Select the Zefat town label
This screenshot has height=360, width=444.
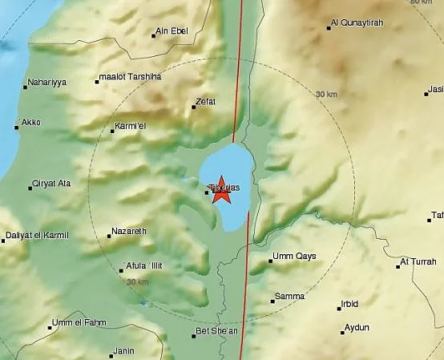tap(204, 103)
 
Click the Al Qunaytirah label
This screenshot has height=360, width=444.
tap(360, 25)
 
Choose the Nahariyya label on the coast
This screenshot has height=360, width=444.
tap(46, 83)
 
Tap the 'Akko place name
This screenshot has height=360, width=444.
tap(30, 123)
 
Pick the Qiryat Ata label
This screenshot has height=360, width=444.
tap(51, 184)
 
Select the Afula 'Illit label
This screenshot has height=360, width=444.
tap(145, 267)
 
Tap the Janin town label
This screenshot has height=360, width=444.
tap(123, 351)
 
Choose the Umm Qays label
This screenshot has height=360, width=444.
tap(294, 257)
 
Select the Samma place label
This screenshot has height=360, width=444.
tap(289, 296)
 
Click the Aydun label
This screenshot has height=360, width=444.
tap(355, 327)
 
